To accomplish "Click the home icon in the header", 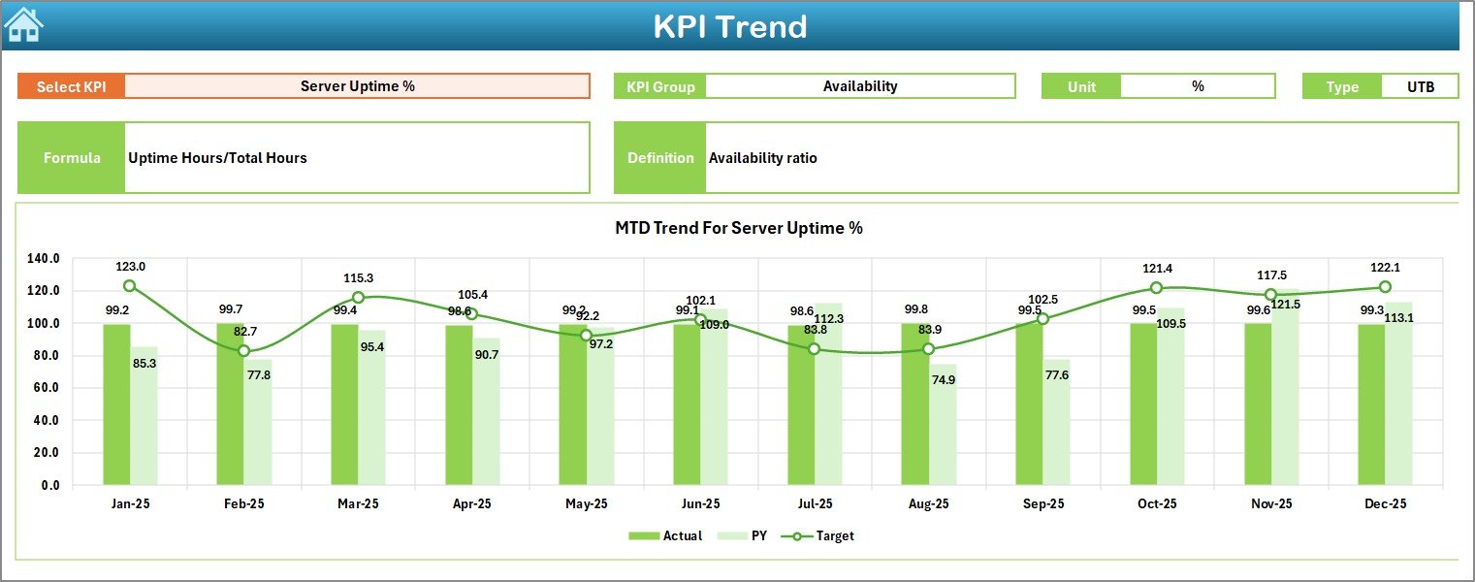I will [x=23, y=24].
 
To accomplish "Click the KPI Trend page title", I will [x=729, y=26].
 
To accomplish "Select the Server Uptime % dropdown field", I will [x=357, y=86].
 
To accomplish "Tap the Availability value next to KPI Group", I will [x=860, y=86].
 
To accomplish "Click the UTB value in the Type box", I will [x=1420, y=86].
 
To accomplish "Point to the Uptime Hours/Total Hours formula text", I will [x=217, y=158].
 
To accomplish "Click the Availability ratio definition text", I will [x=762, y=158].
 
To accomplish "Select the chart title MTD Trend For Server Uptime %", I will [x=738, y=228].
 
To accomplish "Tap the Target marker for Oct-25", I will [x=1156, y=288].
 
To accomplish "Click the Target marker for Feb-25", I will [x=243, y=351].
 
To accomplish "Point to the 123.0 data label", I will [x=130, y=267].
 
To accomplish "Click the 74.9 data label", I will [x=943, y=380].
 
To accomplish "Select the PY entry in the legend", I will [x=749, y=535].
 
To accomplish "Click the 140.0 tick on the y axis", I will [x=44, y=259].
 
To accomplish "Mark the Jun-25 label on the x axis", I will [x=700, y=504].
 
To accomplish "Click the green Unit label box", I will [x=1081, y=86].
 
